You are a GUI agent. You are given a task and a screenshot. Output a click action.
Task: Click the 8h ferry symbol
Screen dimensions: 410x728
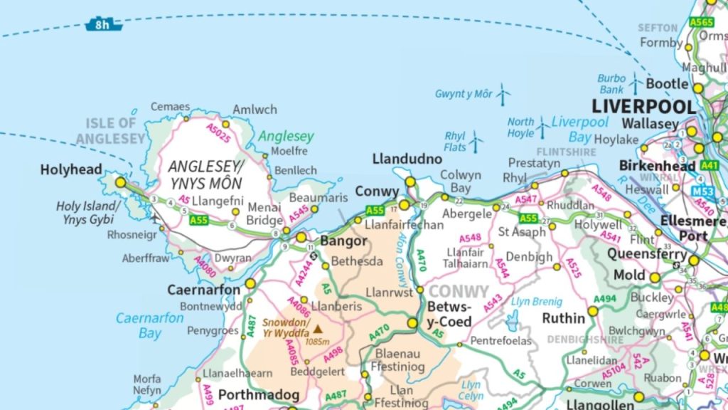coord(104,25)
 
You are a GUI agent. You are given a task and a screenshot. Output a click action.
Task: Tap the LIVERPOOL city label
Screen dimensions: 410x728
coord(644,107)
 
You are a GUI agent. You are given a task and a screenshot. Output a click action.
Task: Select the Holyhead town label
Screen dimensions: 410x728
coord(71,170)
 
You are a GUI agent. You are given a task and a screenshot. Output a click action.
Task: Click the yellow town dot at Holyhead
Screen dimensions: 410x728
coord(120,182)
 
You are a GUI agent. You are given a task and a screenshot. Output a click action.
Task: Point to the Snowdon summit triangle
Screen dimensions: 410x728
coord(318,329)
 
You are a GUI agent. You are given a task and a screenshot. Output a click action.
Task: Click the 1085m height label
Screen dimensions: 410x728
coord(317,341)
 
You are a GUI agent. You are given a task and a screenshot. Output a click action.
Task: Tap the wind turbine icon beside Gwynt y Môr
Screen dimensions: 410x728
coord(503,93)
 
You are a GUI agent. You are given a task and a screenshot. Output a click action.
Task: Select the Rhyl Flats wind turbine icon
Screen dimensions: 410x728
coord(475,142)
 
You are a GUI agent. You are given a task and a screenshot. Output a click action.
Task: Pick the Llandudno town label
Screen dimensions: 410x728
coord(407,159)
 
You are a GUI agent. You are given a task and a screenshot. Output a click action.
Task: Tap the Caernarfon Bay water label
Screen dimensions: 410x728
coord(149,325)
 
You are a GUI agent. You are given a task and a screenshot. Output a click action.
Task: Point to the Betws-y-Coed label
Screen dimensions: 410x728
coord(449,314)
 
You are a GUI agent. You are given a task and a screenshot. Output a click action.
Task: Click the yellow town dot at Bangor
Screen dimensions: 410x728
coord(301,237)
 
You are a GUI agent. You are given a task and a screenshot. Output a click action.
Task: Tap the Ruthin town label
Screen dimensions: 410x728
coord(563,318)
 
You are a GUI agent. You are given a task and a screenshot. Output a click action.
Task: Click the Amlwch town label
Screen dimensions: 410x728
coord(255,110)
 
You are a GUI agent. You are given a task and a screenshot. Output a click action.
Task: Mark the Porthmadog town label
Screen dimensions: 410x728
coord(255,394)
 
